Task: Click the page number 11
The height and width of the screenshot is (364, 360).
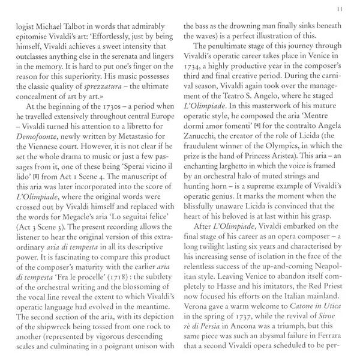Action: tap(340, 8)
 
